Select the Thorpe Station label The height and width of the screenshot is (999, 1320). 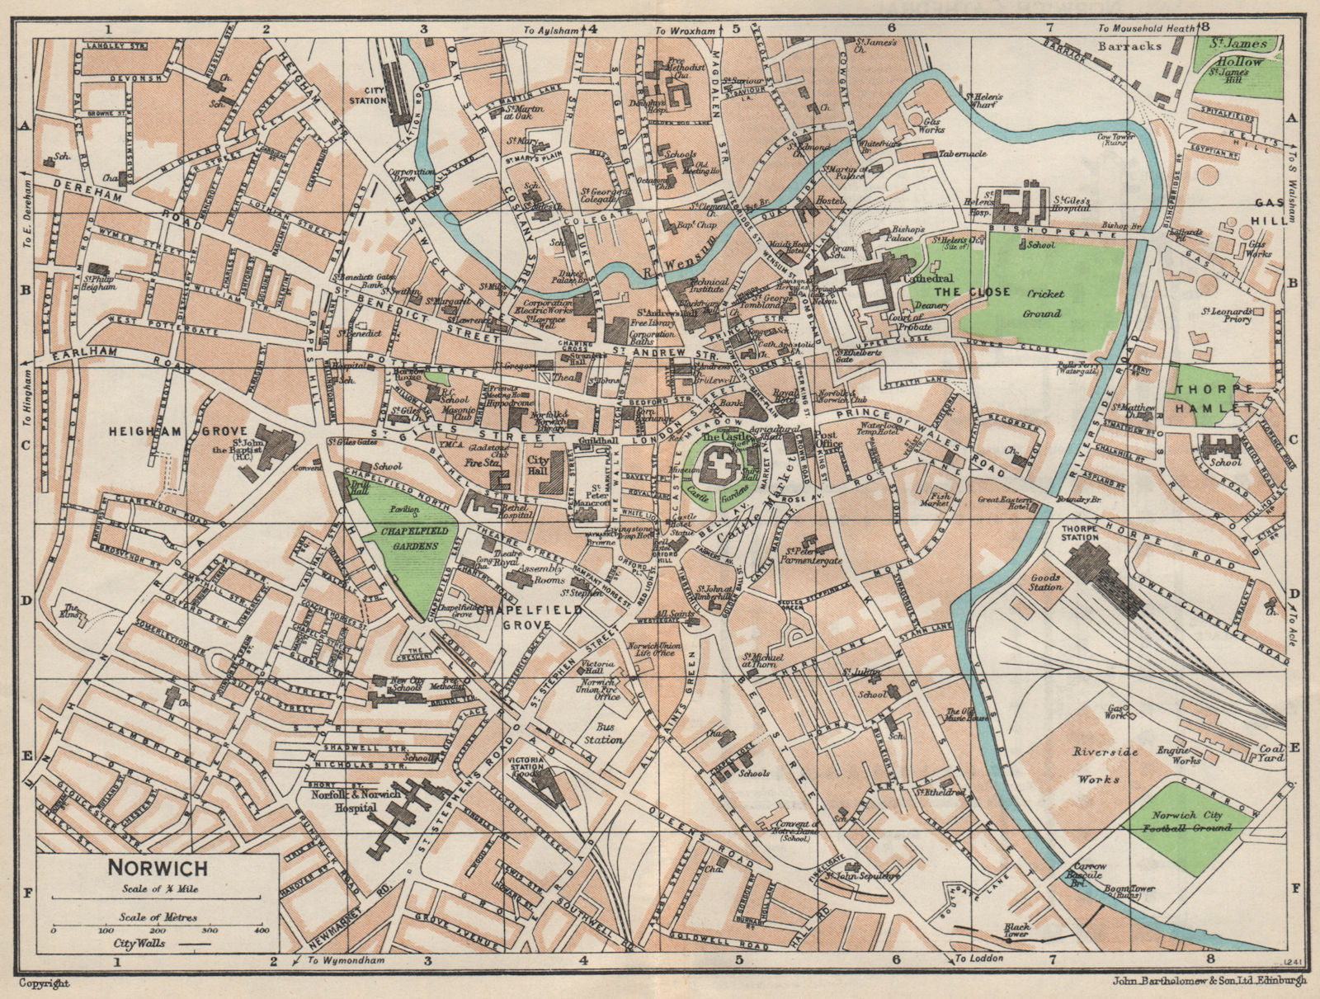tap(1080, 531)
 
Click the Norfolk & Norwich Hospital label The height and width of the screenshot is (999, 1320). tap(345, 801)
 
